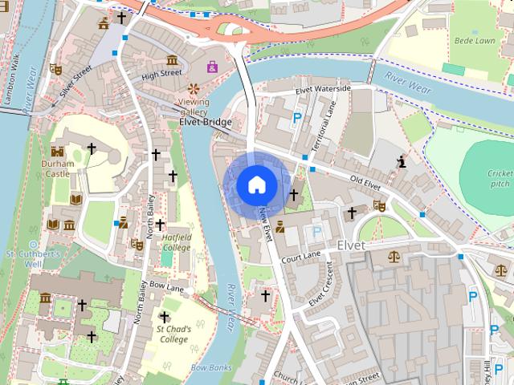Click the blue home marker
click(x=256, y=184)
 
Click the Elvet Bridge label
click(x=206, y=122)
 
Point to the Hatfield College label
click(x=177, y=241)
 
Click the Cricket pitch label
click(x=499, y=178)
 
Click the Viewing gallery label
click(x=193, y=107)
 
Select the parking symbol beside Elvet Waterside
click(x=297, y=119)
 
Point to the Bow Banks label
click(x=211, y=367)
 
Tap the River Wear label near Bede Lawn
click(x=407, y=79)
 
